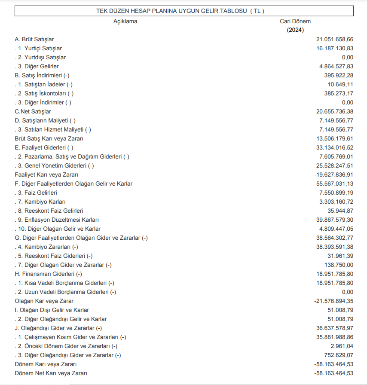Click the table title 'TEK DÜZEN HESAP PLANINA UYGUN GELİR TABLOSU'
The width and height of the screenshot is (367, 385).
(180, 11)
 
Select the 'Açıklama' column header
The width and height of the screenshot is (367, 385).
(125, 21)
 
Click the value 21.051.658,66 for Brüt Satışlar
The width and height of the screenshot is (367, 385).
(335, 39)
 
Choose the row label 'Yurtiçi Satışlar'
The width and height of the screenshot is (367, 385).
(40, 48)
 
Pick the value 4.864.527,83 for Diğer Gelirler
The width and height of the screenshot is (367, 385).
(336, 66)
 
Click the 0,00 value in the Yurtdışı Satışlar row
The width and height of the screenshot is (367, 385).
(347, 57)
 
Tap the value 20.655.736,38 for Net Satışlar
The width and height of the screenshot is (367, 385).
(335, 111)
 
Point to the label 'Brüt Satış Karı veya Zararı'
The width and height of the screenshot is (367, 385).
(49, 138)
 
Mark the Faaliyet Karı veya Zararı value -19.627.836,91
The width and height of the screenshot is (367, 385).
(334, 174)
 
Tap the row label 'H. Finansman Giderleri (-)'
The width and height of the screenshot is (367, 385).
(49, 274)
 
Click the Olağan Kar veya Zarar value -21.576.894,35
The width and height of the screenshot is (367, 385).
(334, 301)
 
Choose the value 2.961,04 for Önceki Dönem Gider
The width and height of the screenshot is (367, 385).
(342, 346)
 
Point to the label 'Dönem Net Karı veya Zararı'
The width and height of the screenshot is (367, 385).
(51, 373)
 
